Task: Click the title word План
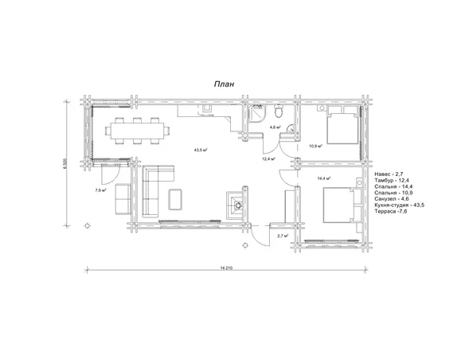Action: [225, 84]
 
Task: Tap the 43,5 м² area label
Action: [201, 150]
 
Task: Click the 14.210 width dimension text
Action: [226, 268]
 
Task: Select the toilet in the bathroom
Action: [279, 111]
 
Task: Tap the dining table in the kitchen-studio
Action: [138, 131]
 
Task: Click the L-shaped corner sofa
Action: [154, 190]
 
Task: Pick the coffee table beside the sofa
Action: [175, 199]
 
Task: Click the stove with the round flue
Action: [236, 205]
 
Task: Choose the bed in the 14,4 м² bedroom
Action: [342, 205]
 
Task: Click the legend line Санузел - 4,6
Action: [392, 199]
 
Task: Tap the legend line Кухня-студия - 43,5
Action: [399, 205]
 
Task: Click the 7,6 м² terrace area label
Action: [101, 190]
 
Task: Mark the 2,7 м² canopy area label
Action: [283, 236]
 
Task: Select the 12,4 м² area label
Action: [268, 159]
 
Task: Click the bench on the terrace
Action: [123, 199]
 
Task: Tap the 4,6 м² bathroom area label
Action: [275, 127]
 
